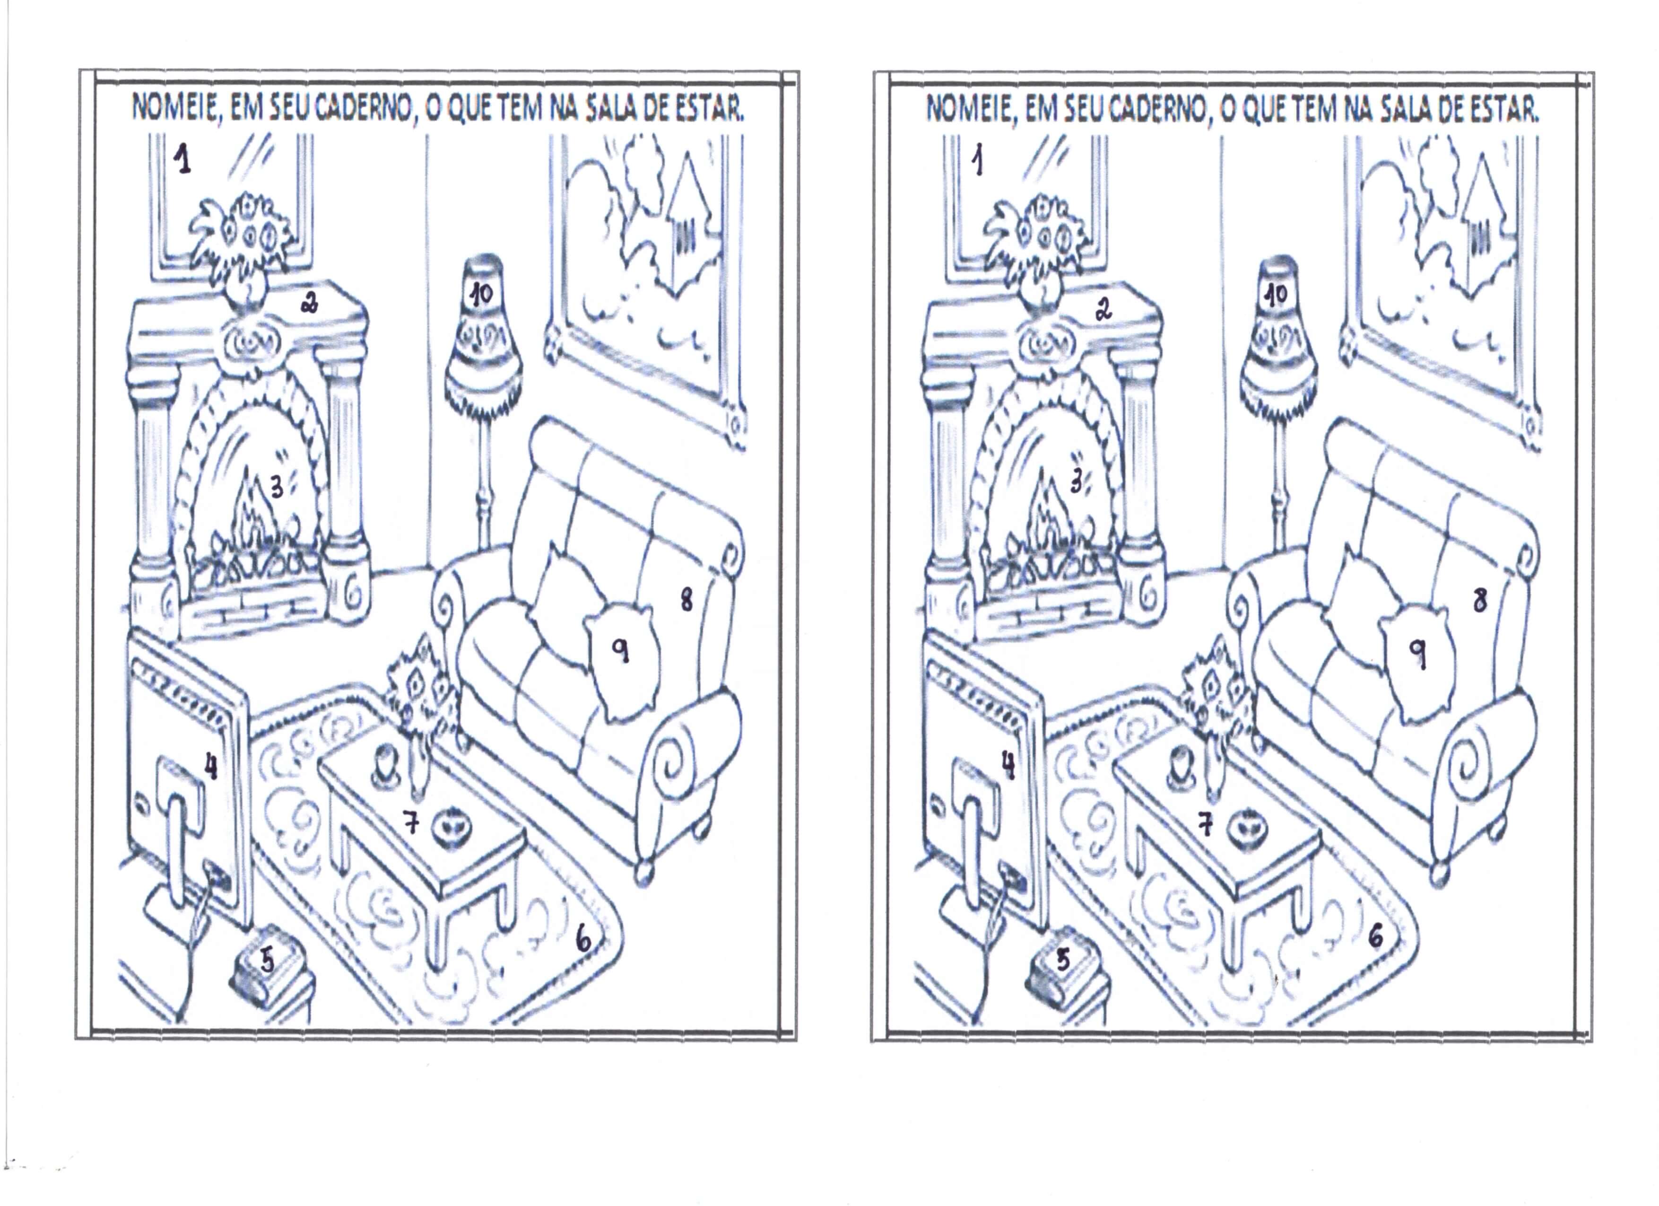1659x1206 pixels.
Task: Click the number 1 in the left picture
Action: [x=183, y=159]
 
